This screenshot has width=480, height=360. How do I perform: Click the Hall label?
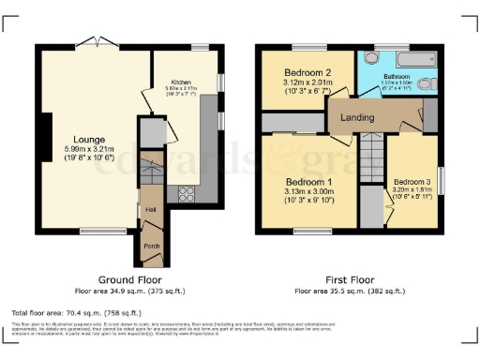click(x=150, y=210)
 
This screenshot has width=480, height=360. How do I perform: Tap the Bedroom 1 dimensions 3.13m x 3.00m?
click(x=307, y=190)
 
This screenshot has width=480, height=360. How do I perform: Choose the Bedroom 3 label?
click(x=412, y=182)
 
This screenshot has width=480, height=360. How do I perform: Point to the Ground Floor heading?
click(x=130, y=279)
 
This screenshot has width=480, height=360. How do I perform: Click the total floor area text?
click(x=77, y=312)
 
